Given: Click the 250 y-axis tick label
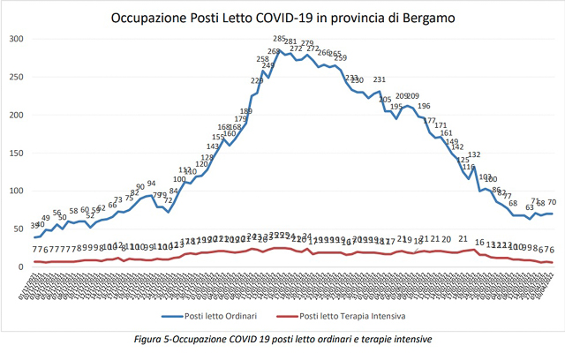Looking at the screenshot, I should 17,77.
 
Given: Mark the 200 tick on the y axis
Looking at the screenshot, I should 17,115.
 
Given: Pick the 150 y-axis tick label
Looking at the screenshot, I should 17,153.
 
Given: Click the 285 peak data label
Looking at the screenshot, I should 279,39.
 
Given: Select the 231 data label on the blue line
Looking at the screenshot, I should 380,80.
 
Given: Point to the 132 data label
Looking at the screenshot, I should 474,155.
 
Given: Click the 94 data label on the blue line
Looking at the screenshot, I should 151,184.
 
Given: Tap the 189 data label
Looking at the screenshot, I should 246,111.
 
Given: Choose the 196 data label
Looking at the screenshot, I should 424,106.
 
